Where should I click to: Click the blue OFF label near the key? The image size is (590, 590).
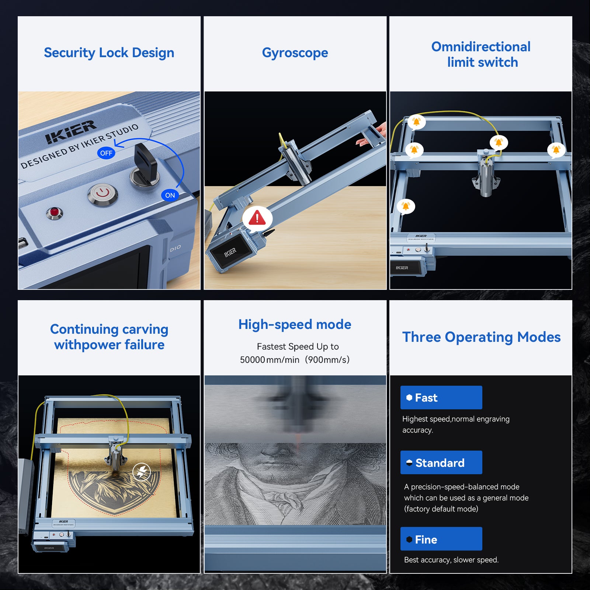point(106,153)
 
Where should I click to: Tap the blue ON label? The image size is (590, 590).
point(170,195)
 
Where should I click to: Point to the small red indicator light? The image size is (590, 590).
point(55,212)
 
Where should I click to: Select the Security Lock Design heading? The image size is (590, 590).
point(109,53)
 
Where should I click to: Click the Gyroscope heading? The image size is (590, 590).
point(295,53)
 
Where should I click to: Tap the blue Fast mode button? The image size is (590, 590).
point(441,398)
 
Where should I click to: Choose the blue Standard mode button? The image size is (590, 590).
point(441,462)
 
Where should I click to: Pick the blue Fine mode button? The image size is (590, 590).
point(441,539)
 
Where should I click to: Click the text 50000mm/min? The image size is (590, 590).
point(270,360)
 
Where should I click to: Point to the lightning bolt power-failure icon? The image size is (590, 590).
point(142,471)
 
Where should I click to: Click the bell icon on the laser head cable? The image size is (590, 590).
point(499,142)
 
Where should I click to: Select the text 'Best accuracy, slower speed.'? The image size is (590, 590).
point(451,560)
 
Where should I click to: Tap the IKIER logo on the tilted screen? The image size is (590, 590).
point(230,252)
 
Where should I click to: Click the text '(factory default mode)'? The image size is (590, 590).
point(441,509)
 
